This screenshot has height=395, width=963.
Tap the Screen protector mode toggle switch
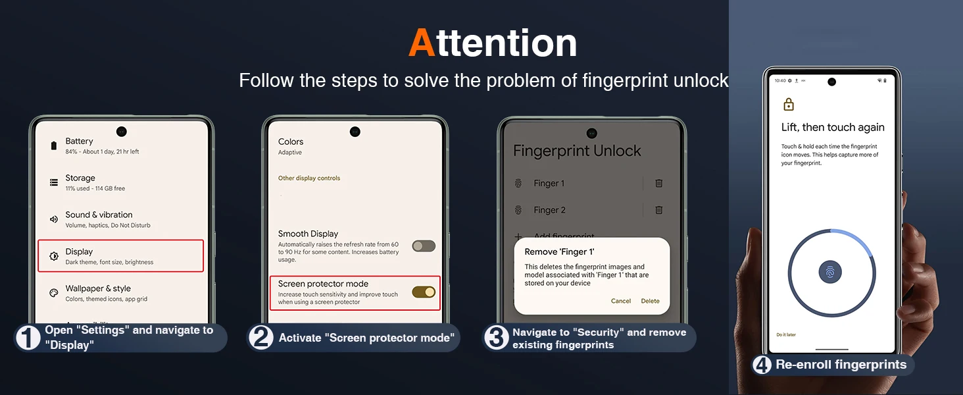(x=424, y=292)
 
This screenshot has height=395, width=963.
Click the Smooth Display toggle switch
(x=424, y=246)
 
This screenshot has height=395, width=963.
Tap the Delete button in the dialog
(x=650, y=302)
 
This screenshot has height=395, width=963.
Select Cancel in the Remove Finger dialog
(x=621, y=302)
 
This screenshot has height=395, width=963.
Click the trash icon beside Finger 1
(x=658, y=183)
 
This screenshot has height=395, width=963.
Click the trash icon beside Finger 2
(x=658, y=210)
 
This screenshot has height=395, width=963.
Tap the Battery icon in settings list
(x=54, y=146)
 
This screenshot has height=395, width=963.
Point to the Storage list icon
(x=54, y=182)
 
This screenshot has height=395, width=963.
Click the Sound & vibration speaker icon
(x=54, y=219)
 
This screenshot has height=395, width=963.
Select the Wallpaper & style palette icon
(x=54, y=293)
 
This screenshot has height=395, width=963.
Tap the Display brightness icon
(x=54, y=256)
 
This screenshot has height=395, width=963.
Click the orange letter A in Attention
(x=422, y=43)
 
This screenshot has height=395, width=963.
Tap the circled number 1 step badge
(x=28, y=337)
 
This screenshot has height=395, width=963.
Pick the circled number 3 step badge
(x=496, y=337)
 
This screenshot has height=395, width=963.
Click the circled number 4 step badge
(x=762, y=365)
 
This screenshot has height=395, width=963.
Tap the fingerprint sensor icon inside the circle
(x=830, y=273)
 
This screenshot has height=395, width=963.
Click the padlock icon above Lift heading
(x=789, y=105)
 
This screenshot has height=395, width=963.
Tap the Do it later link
(x=786, y=334)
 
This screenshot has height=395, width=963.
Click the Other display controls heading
(x=309, y=178)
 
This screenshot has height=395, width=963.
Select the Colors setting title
(x=291, y=142)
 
